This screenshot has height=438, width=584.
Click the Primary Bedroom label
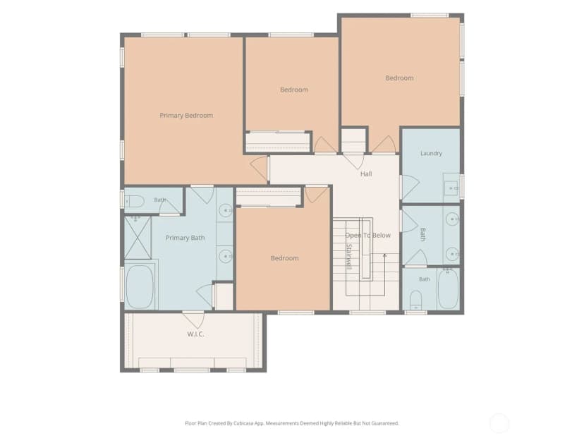(186, 116)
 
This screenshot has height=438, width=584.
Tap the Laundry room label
(431, 153)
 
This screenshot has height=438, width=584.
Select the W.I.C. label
(195, 334)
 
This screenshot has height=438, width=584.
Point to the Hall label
(366, 174)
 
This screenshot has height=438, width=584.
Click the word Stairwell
(349, 256)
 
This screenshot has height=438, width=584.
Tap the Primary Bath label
(185, 238)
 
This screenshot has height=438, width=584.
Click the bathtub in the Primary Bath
(140, 286)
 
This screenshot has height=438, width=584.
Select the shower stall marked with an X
(138, 238)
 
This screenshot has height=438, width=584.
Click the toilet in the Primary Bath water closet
(134, 202)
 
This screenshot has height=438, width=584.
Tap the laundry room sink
(451, 188)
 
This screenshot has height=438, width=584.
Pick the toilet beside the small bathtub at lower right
(415, 300)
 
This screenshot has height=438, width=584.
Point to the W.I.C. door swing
(194, 320)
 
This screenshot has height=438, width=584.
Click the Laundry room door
(409, 186)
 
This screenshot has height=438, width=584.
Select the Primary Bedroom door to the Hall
(260, 169)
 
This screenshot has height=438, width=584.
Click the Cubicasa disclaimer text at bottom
(291, 423)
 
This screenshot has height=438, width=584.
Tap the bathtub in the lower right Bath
(448, 288)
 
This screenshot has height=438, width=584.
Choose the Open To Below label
(368, 236)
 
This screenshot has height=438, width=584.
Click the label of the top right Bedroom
(399, 78)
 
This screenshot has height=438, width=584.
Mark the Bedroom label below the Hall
(284, 258)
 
